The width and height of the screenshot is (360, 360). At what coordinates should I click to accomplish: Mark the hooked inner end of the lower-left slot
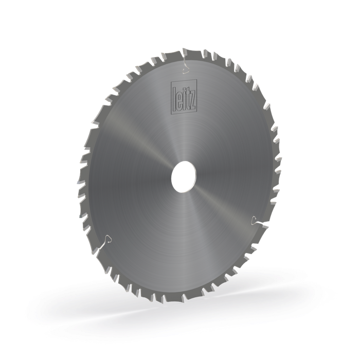pyautogui.click(x=109, y=237)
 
